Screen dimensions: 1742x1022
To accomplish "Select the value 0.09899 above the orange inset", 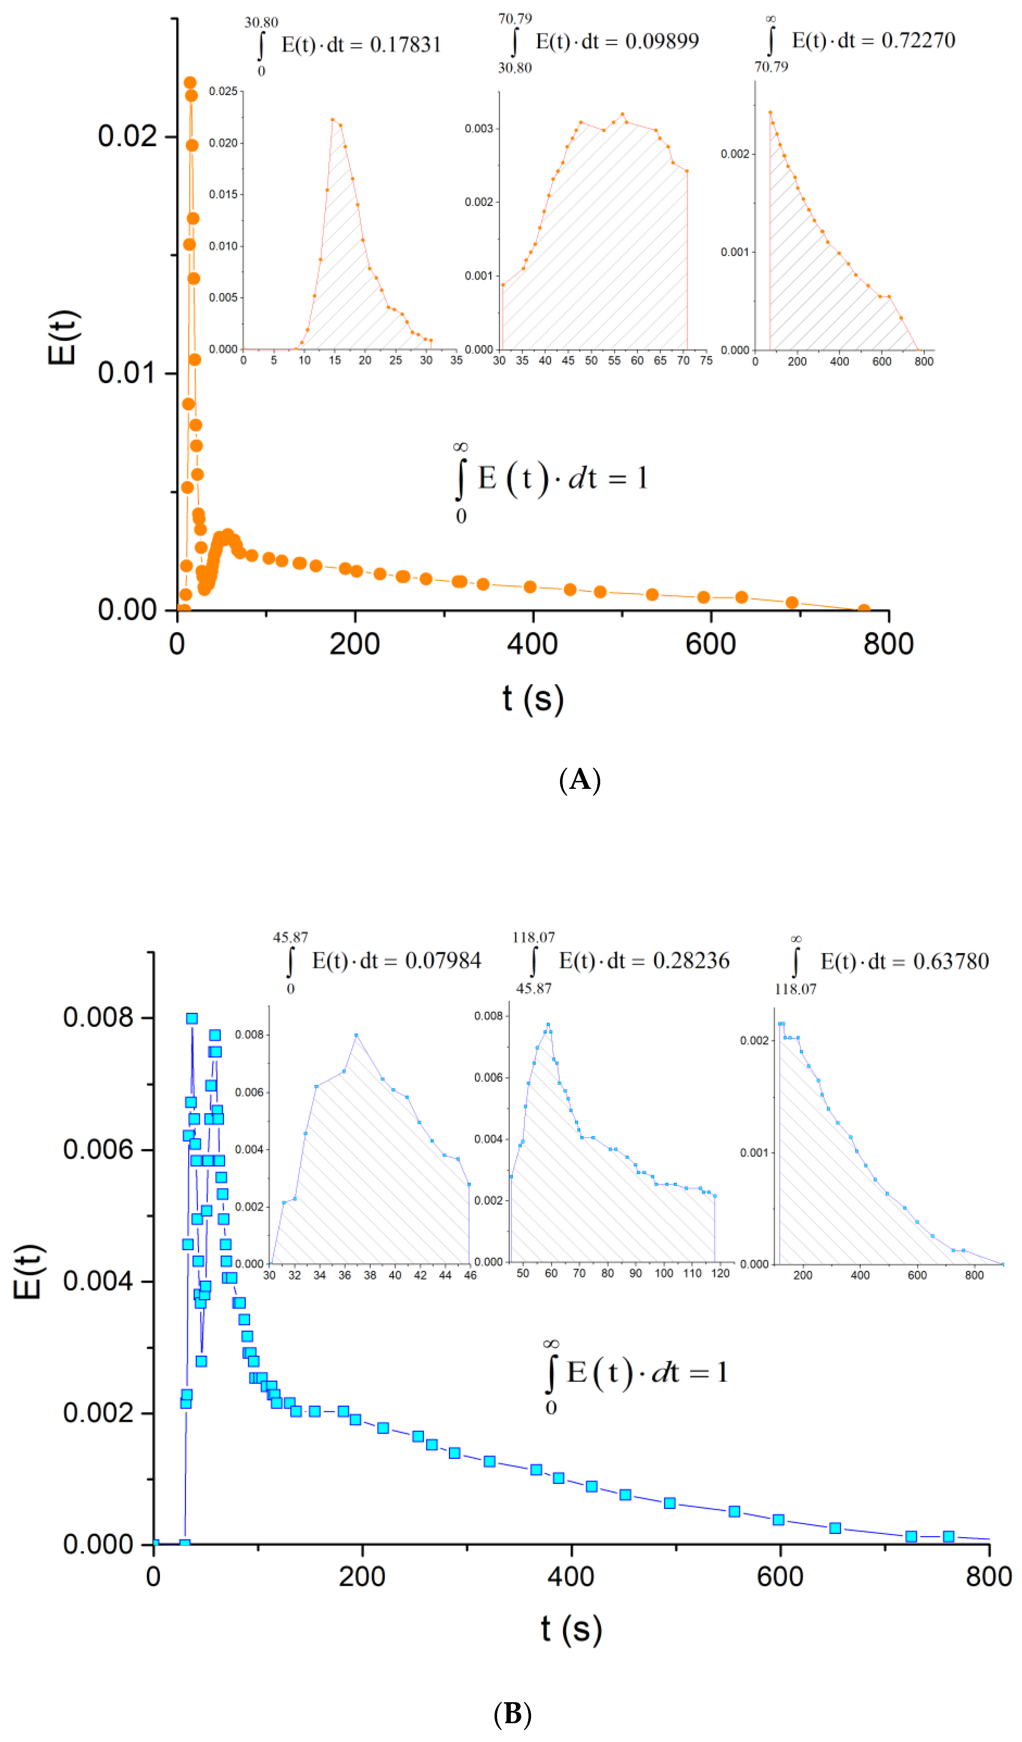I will click(661, 42).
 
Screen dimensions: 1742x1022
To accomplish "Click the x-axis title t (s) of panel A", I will click(533, 699).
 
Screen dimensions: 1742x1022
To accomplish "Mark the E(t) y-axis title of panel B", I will click(29, 1272).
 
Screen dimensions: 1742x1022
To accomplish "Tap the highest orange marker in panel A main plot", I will click(190, 83).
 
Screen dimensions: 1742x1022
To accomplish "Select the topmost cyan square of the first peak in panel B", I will click(192, 1018).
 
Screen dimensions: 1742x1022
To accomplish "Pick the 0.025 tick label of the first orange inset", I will click(223, 91).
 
